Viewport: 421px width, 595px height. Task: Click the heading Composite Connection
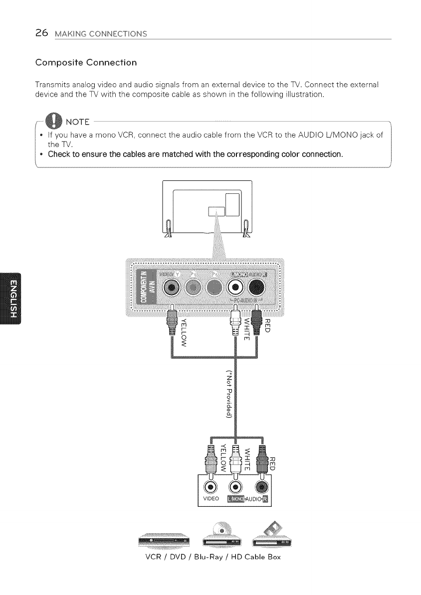coord(86,63)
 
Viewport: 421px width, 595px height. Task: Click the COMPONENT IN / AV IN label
coord(147,288)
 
